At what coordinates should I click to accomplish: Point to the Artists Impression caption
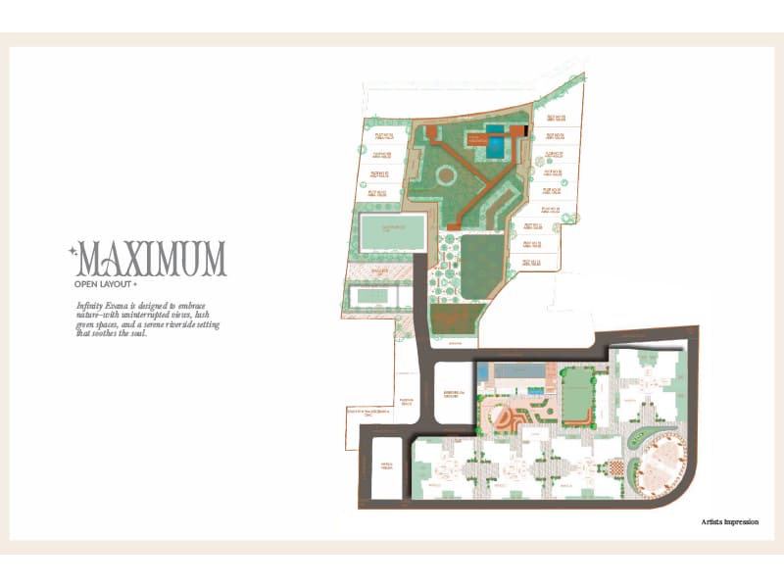pyautogui.click(x=730, y=522)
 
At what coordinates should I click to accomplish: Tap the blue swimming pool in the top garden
pyautogui.click(x=497, y=148)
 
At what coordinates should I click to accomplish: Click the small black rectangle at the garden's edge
pyautogui.click(x=526, y=129)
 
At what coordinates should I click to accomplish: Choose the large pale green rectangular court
pyautogui.click(x=392, y=234)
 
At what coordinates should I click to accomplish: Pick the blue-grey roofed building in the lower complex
pyautogui.click(x=516, y=372)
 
